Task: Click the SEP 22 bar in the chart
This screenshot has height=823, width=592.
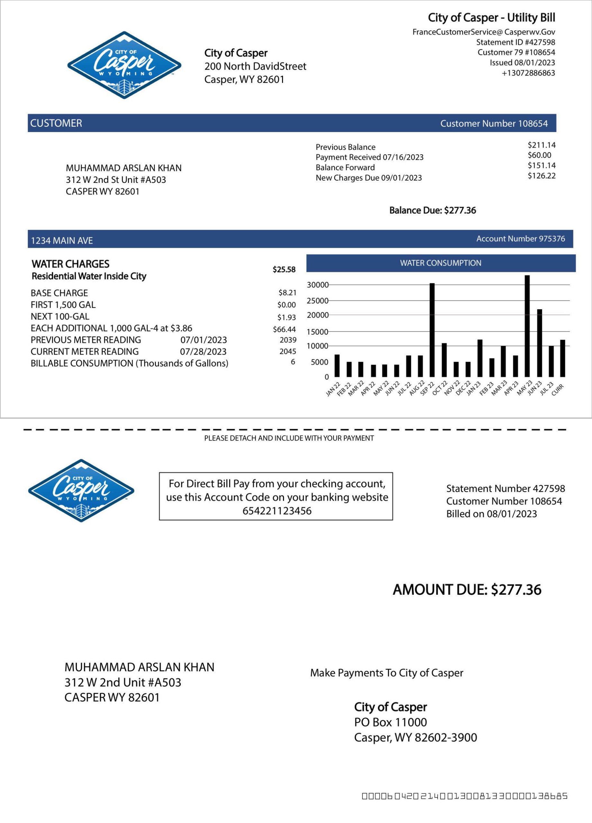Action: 432,330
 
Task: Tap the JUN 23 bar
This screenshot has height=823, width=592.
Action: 539,343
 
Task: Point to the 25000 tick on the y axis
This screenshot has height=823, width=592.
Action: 317,301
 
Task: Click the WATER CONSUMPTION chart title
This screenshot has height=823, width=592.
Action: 441,263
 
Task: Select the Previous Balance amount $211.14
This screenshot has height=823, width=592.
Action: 542,145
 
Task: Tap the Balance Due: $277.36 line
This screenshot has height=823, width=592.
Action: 432,211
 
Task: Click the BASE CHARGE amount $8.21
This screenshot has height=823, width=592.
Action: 287,293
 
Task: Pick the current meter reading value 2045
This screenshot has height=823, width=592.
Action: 287,351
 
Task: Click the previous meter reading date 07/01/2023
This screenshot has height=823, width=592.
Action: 204,340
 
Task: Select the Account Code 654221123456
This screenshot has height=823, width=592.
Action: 277,511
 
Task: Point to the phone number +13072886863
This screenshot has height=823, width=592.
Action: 528,73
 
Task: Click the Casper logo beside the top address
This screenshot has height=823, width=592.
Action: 124,65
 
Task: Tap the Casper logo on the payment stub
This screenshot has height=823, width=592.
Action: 81,491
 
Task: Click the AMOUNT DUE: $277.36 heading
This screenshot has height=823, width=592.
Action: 467,590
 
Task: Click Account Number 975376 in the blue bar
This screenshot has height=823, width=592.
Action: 521,239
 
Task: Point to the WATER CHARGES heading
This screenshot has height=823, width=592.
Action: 70,264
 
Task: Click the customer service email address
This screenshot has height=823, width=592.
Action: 484,32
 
